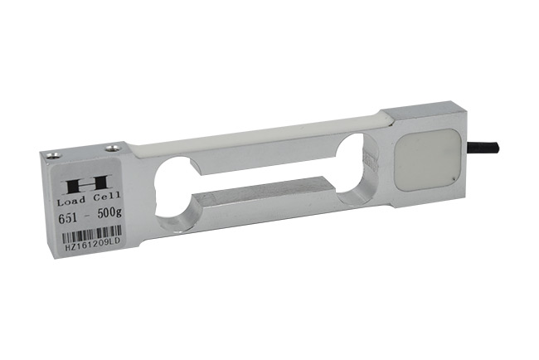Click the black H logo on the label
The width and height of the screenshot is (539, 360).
pos(87,184)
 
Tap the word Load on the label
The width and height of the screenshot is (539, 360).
pos(71,200)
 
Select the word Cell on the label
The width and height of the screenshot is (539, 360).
pos(107,197)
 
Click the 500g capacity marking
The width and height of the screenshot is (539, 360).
pos(109,213)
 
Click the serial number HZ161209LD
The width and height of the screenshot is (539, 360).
pos(92,246)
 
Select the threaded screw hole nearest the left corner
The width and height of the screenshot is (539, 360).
pos(52,155)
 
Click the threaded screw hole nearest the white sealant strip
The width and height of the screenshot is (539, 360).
pos(113,148)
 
